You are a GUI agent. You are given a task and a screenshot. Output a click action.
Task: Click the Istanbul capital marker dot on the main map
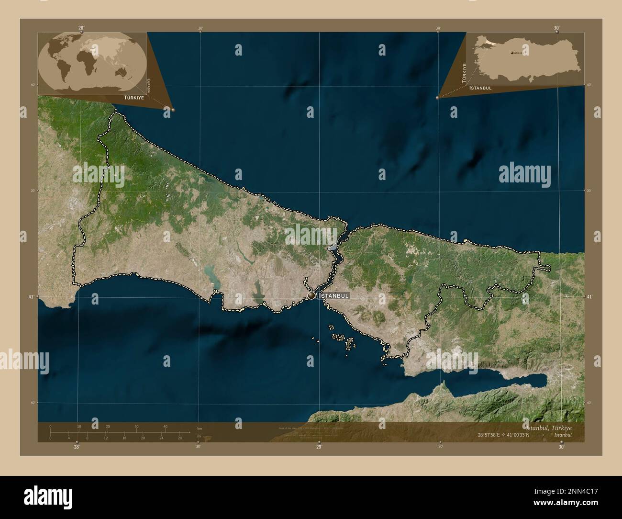[x=311, y=295]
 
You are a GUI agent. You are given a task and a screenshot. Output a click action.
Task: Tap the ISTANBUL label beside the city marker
[x=334, y=296]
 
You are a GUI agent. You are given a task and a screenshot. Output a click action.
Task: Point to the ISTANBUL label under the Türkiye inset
[x=481, y=88]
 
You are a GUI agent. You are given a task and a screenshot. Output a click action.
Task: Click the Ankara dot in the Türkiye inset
[x=512, y=53]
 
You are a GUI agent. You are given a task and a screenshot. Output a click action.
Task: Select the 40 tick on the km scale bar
[x=165, y=426]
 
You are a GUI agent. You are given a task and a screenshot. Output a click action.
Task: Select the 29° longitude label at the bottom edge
[x=319, y=447]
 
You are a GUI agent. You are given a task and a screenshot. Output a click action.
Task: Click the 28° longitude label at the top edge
[x=81, y=28]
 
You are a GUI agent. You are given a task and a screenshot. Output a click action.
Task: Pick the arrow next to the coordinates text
[x=541, y=435]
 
